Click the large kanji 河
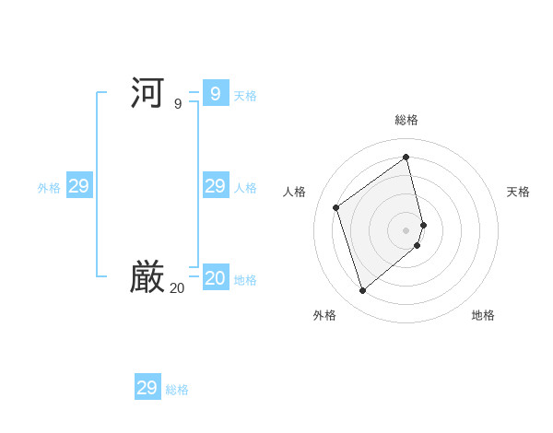click(x=147, y=93)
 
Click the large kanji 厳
click(x=147, y=277)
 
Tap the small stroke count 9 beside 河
click(x=178, y=104)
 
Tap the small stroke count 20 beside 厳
click(x=176, y=288)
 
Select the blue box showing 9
click(x=215, y=93)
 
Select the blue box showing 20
click(x=215, y=277)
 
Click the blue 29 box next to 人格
click(x=215, y=186)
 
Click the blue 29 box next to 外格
click(x=79, y=186)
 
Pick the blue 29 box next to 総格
click(x=147, y=388)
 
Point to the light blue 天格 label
click(x=245, y=96)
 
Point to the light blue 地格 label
click(x=245, y=280)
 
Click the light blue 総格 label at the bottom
click(x=177, y=391)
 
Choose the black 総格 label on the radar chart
click(x=406, y=121)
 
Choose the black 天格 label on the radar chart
click(x=518, y=192)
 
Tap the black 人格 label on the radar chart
click(x=294, y=192)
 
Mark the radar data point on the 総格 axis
click(x=406, y=158)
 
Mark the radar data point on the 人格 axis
click(x=336, y=207)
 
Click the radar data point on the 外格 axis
click(x=362, y=291)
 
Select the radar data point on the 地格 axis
click(x=418, y=245)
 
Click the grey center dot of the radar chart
click(x=406, y=229)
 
